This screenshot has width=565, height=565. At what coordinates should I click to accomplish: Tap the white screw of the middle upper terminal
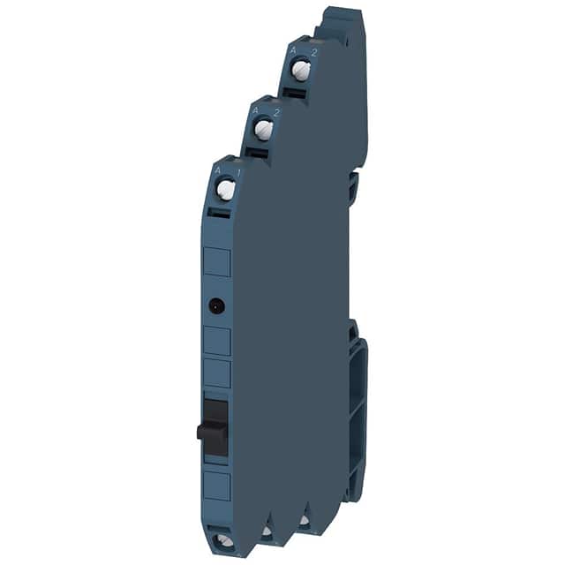coord(262,129)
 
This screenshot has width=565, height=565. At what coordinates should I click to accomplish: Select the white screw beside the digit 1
coord(226,188)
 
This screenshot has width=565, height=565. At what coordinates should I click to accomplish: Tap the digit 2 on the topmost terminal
coord(313,51)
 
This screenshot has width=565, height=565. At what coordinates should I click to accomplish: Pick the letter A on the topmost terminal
coord(293,51)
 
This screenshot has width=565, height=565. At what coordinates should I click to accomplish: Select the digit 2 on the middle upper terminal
coord(275,112)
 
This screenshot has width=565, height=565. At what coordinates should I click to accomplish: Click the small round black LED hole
coord(215,306)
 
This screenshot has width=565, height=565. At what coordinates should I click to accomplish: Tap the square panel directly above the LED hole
coord(217,264)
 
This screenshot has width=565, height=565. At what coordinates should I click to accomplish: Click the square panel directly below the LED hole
coord(217,341)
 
